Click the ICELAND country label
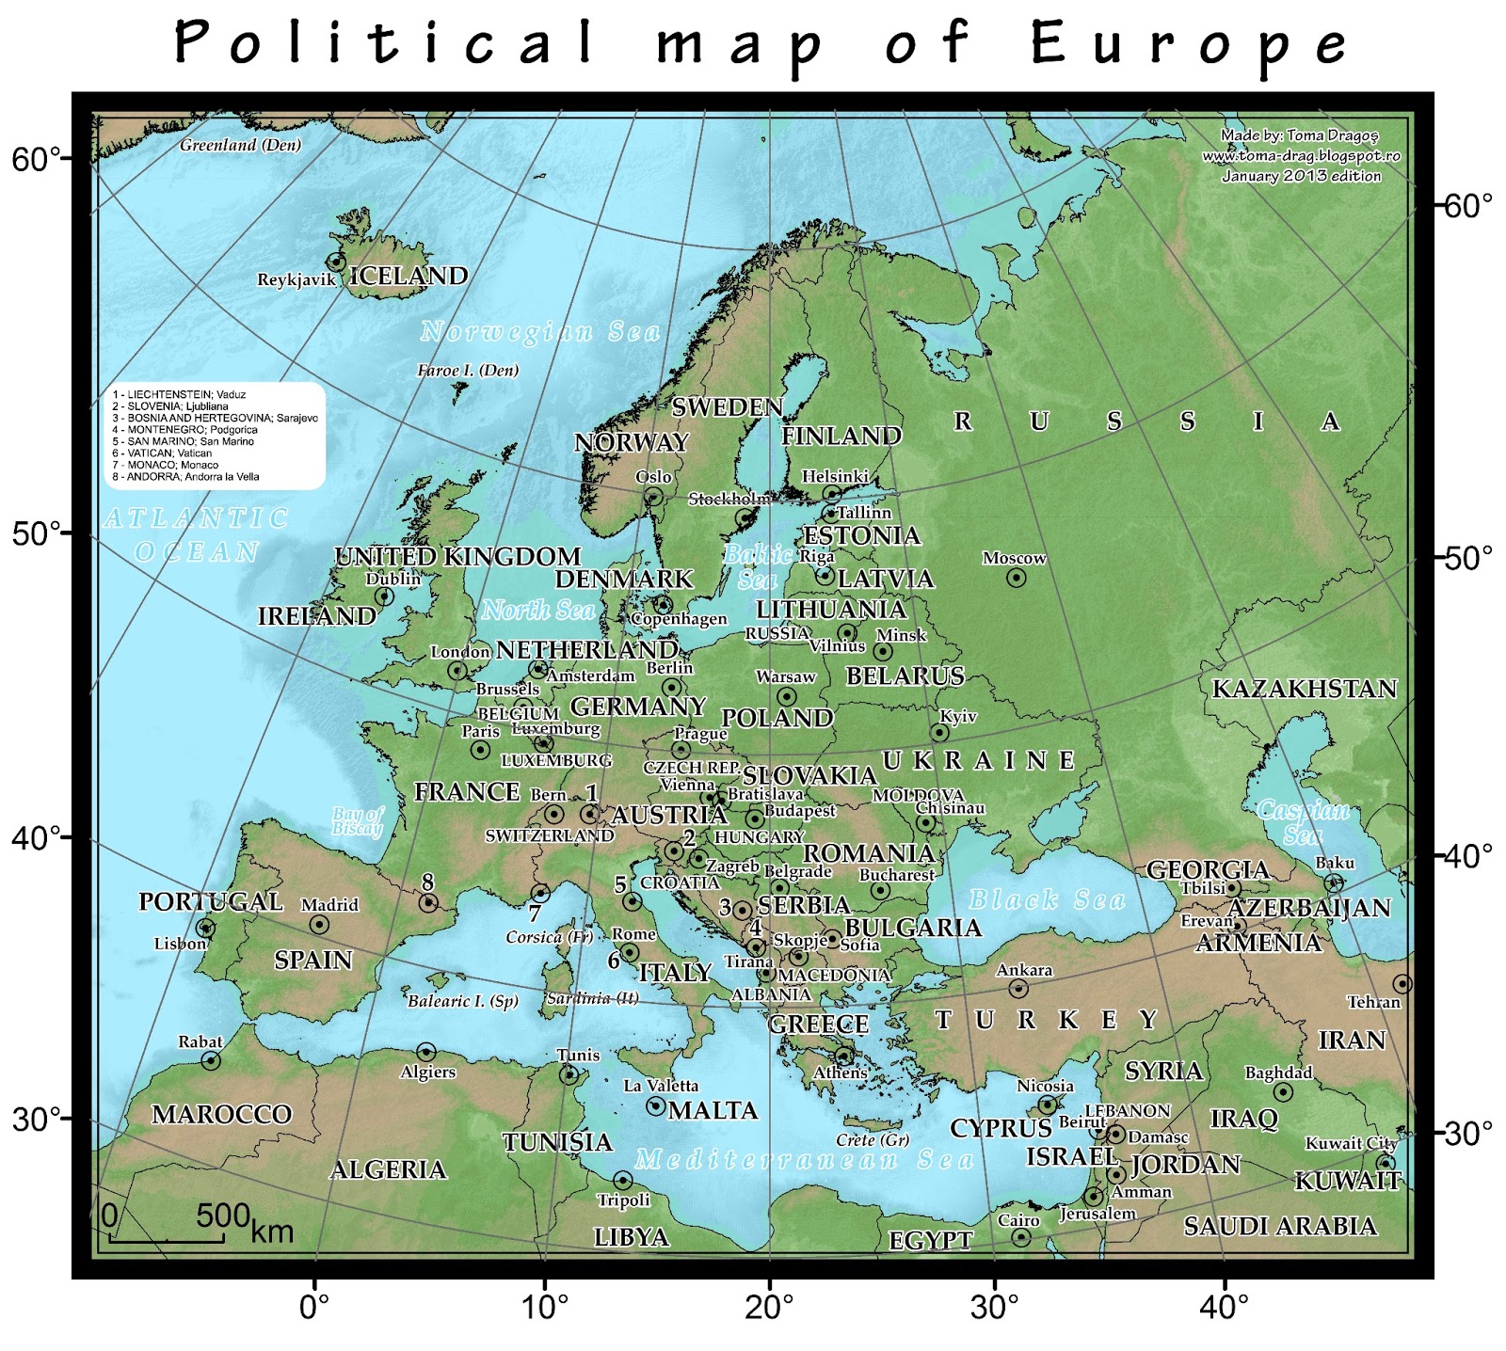(409, 276)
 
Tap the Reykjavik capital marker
(336, 262)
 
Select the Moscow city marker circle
(1016, 578)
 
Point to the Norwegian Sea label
(540, 331)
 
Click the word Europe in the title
(1190, 42)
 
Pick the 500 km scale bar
(167, 1240)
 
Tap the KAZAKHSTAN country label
(1304, 689)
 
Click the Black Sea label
(1047, 899)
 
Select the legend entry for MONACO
(166, 465)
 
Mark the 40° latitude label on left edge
(36, 836)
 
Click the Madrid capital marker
(319, 925)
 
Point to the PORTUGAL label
(211, 901)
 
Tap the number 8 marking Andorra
(428, 882)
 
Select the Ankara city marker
(1017, 988)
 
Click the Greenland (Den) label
(241, 145)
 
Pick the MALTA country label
(713, 1111)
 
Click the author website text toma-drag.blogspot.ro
(1301, 156)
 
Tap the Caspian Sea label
(1303, 821)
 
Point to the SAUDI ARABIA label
(1280, 1226)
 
